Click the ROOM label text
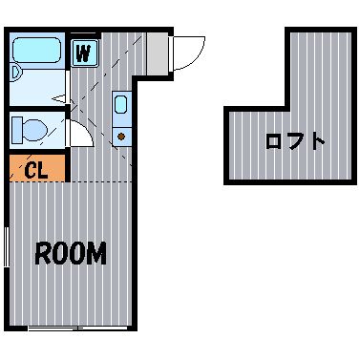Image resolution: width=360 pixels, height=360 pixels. (71, 253)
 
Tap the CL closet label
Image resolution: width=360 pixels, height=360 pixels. (36, 171)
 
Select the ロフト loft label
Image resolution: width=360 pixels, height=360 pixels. (295, 141)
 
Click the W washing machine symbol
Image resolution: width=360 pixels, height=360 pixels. (84, 53)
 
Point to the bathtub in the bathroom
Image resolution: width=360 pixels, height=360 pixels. (37, 51)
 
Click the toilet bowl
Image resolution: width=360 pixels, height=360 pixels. (35, 130)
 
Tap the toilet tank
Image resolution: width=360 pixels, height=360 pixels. (17, 130)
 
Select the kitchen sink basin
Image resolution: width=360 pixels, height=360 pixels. (121, 104)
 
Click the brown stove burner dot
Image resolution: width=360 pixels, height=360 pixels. (121, 137)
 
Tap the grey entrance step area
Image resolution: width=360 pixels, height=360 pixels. (157, 53)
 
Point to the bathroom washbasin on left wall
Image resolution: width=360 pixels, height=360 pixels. (16, 73)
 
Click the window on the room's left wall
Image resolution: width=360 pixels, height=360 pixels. (7, 247)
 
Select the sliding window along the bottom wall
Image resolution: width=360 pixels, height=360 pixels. (78, 328)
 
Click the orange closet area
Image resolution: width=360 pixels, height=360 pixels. (37, 168)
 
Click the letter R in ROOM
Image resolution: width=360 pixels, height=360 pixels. (43, 254)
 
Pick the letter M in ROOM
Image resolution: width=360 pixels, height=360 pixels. (96, 253)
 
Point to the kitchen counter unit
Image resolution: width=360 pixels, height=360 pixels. (121, 119)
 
